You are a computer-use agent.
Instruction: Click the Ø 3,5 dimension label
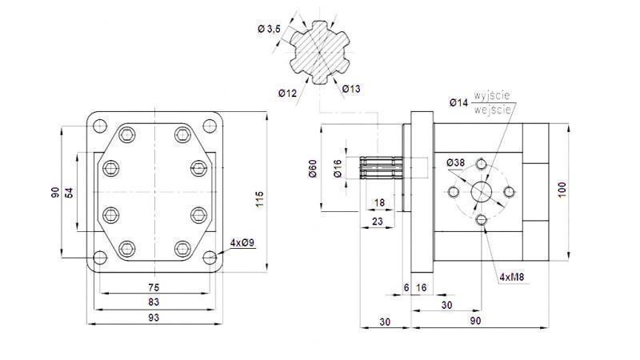pyautogui.click(x=269, y=29)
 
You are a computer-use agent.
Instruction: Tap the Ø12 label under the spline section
pyautogui.click(x=288, y=94)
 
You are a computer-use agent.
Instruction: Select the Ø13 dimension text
pyautogui.click(x=351, y=89)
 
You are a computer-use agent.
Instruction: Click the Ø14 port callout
pyautogui.click(x=458, y=102)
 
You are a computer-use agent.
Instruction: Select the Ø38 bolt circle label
pyautogui.click(x=456, y=163)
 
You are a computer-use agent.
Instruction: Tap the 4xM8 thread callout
pyautogui.click(x=513, y=277)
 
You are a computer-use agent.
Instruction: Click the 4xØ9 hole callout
pyautogui.click(x=242, y=242)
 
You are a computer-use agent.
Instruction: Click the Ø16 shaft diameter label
pyautogui.click(x=338, y=169)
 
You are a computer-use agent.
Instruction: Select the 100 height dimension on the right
pyautogui.click(x=562, y=190)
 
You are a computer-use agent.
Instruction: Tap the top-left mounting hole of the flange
pyautogui.click(x=98, y=125)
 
